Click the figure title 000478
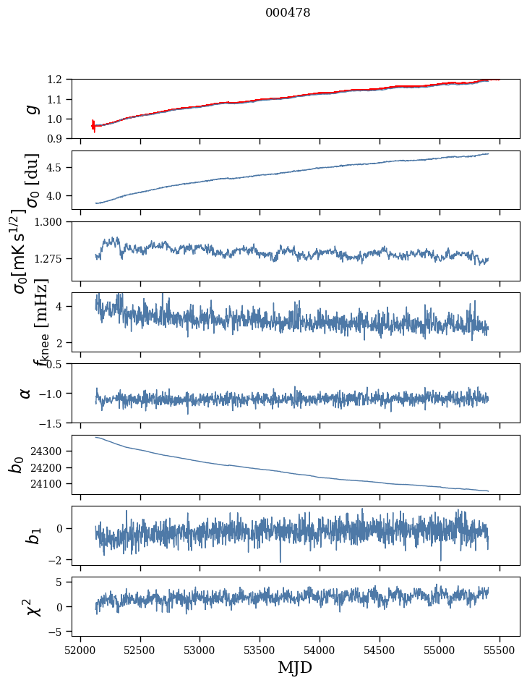(288, 13)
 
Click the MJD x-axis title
(295, 667)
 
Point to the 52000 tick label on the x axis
(80, 649)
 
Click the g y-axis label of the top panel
(30, 109)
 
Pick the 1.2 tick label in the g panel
(58, 80)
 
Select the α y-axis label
(26, 393)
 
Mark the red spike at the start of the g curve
(93, 125)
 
